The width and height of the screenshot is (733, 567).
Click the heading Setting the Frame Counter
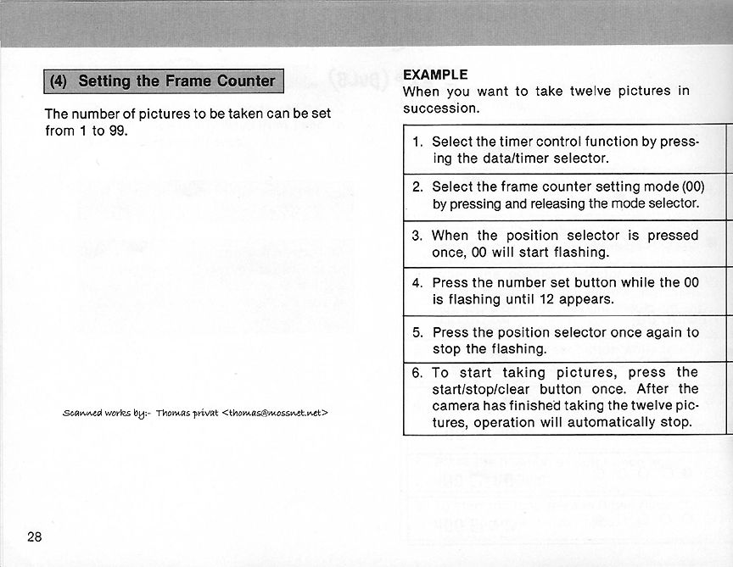(176, 81)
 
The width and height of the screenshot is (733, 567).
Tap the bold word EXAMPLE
(435, 74)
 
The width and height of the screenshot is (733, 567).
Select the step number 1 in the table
(417, 142)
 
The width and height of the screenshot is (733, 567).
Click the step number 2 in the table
(417, 186)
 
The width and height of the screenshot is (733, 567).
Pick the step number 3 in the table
(417, 236)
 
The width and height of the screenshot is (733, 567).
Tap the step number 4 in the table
(417, 283)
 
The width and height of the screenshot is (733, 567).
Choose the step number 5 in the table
(417, 332)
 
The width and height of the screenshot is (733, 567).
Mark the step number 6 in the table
(417, 373)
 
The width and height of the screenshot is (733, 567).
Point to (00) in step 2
(693, 186)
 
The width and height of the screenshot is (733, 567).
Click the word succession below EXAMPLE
(440, 108)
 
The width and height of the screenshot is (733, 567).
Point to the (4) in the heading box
(59, 81)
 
